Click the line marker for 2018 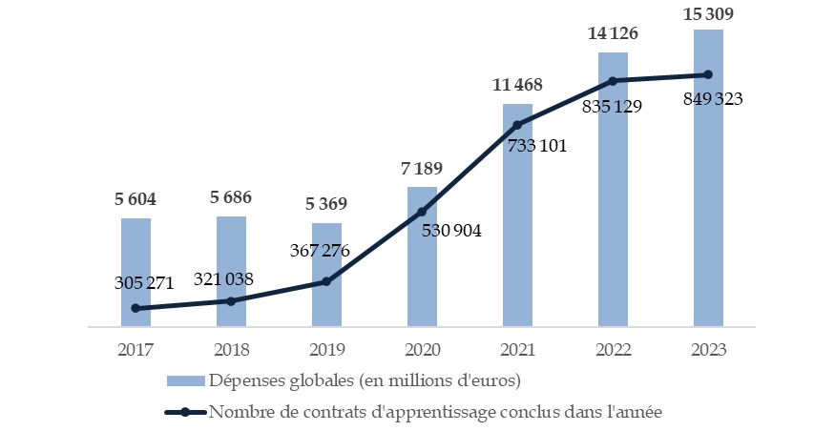pos(231,301)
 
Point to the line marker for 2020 pos(422,212)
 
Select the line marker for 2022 pos(613,81)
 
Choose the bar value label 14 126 pos(613,34)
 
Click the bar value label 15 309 pos(708,12)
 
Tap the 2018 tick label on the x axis pos(231,349)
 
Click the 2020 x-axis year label pos(422,349)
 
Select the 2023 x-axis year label pos(708,349)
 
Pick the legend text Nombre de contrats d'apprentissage pos(434,412)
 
